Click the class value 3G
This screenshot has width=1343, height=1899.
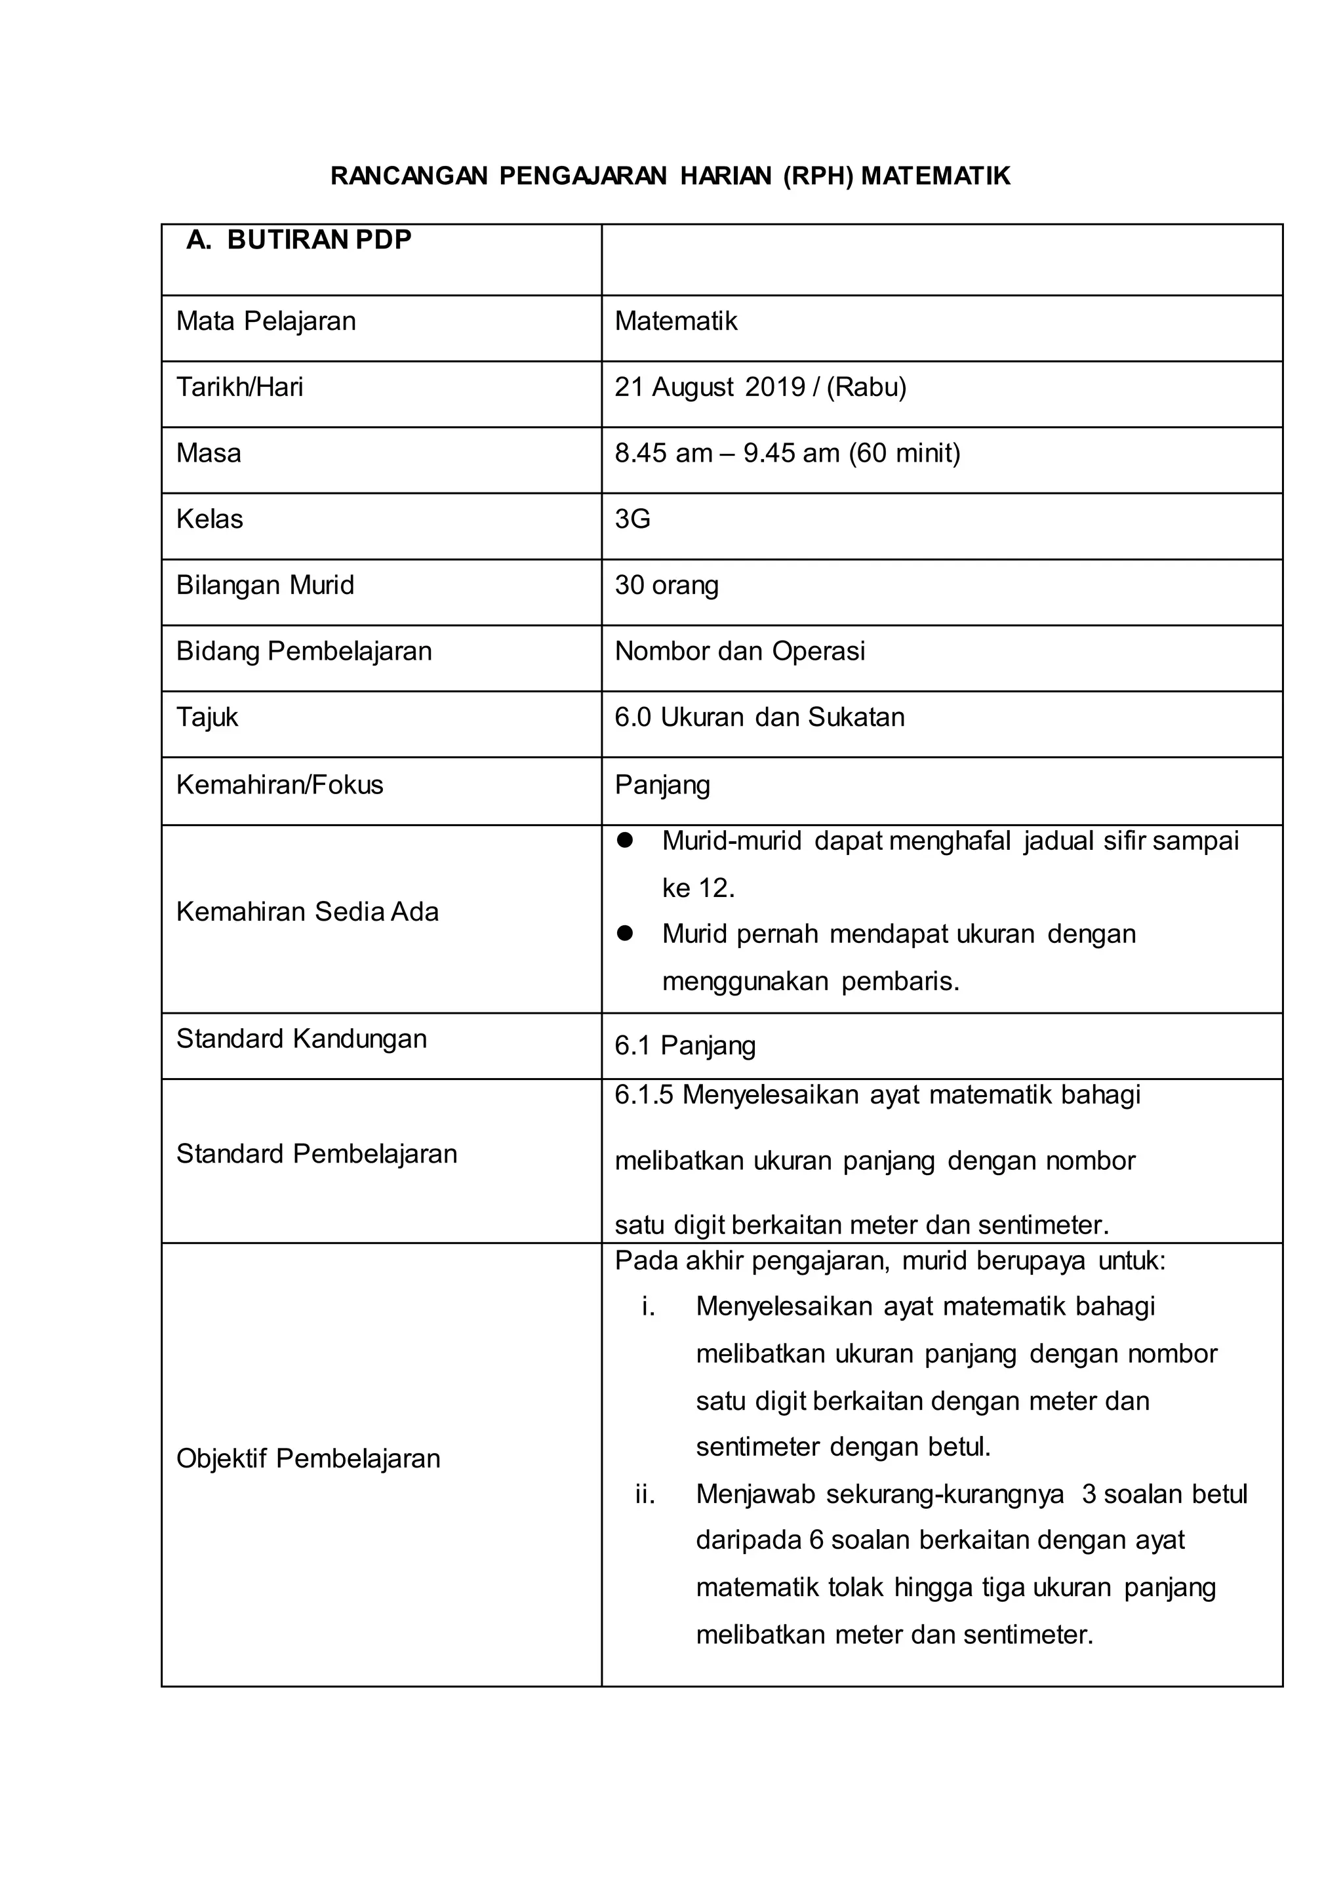pos(633,519)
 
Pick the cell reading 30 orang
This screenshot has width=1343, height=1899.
pos(666,586)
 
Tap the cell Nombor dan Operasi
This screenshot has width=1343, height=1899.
pos(739,652)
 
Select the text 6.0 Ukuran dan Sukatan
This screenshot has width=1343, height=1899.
pos(759,717)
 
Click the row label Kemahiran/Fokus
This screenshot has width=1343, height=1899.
pos(279,785)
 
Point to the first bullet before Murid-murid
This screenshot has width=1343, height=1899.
pos(625,841)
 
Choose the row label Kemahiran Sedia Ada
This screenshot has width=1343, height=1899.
pos(307,912)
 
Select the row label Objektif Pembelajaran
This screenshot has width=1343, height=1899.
pos(308,1458)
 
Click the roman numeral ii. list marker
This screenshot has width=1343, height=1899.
pos(645,1494)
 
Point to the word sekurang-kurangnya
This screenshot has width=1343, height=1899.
pos(944,1494)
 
